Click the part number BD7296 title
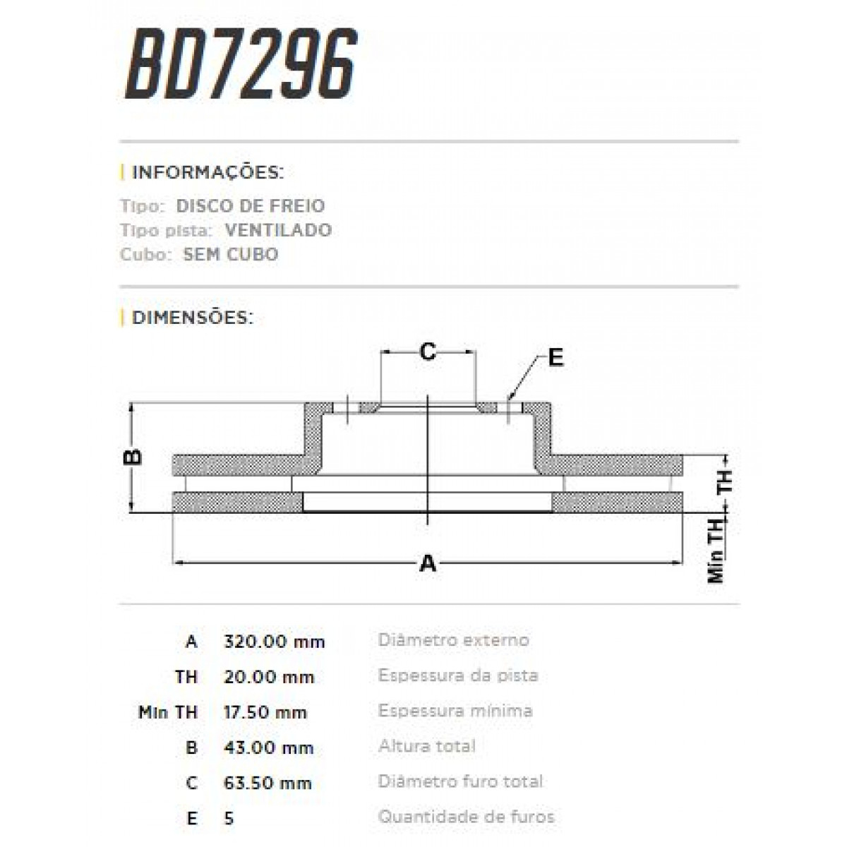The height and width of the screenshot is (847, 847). click(241, 65)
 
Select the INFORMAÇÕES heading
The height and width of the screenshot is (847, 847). click(208, 172)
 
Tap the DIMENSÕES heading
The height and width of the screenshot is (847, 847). click(192, 318)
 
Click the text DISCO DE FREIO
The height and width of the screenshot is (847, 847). click(250, 206)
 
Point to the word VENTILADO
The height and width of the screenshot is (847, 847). click(278, 230)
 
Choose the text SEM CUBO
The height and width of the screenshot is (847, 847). click(230, 254)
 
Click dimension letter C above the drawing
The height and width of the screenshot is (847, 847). click(428, 352)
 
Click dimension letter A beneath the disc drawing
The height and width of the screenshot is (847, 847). click(428, 563)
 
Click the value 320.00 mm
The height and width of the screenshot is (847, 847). click(274, 642)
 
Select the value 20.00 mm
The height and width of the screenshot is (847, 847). click(268, 677)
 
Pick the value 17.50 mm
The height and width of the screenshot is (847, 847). click(265, 712)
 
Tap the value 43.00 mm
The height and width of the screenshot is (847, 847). click(268, 747)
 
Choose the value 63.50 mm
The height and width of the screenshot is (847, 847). click(267, 783)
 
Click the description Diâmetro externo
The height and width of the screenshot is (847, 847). click(453, 640)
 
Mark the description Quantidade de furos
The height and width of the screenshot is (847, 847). click(466, 817)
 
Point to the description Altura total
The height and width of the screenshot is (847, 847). click(426, 746)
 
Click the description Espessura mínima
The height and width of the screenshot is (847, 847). click(455, 711)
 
